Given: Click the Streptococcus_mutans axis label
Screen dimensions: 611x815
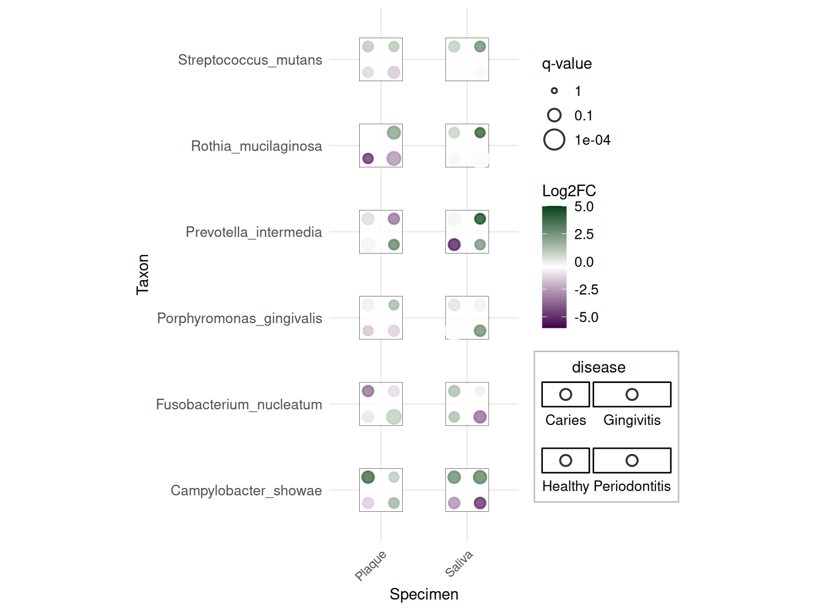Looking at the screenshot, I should [x=250, y=60].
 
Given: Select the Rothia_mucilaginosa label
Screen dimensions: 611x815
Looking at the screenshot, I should [x=256, y=146].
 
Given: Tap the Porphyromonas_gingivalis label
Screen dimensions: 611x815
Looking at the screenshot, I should [x=239, y=318].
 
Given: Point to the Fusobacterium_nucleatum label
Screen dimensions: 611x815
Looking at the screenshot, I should [x=239, y=405].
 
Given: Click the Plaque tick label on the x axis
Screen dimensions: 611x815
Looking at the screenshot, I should [x=370, y=565].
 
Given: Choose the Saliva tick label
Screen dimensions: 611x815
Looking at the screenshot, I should [x=459, y=563].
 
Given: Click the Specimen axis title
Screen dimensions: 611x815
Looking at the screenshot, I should [x=424, y=594].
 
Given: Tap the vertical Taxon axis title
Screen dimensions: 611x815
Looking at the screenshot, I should [x=143, y=274].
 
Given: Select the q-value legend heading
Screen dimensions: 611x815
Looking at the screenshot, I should [x=567, y=64].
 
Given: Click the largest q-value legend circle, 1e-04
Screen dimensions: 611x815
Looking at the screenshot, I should [x=554, y=140].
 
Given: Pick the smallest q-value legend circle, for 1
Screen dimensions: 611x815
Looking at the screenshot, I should [x=554, y=91].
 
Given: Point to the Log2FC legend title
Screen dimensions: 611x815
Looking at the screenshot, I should [x=569, y=190].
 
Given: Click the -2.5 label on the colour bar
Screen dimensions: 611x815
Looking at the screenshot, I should [x=586, y=290].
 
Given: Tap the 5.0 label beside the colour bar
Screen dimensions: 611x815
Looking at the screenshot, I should [x=584, y=207].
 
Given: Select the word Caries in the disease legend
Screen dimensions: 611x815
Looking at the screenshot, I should [x=566, y=420].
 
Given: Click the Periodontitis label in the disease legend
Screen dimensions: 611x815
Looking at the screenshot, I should [x=632, y=486].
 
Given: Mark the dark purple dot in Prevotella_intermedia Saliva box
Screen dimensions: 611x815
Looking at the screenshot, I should [x=454, y=245].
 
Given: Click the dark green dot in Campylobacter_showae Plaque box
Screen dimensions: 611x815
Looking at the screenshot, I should [x=368, y=477].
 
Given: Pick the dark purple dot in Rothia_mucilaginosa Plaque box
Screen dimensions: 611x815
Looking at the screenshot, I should [x=368, y=158].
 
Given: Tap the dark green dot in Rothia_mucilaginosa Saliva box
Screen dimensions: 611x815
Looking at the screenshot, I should [x=480, y=133].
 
